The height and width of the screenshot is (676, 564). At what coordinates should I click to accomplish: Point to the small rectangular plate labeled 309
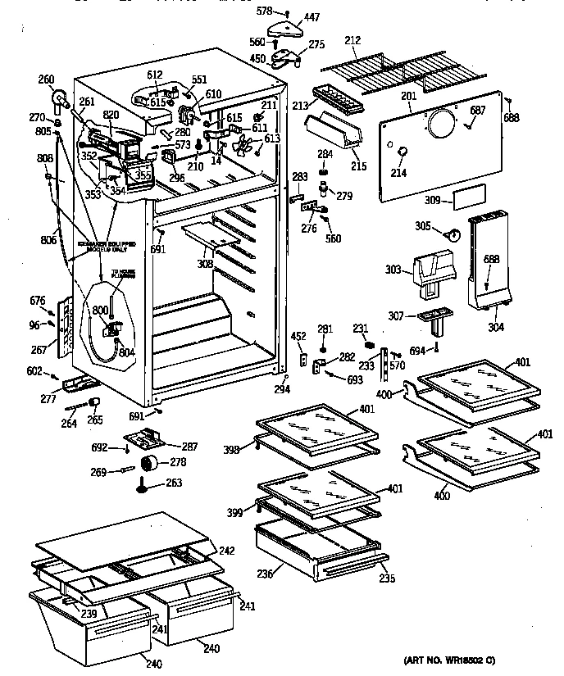pos(467,197)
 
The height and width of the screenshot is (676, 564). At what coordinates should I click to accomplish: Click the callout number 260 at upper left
pos(46,79)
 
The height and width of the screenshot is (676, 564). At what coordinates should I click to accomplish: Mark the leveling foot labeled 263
pos(145,488)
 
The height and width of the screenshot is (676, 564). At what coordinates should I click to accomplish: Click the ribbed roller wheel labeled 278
pos(150,465)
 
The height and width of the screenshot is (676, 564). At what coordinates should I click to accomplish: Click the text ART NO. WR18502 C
pos(450,660)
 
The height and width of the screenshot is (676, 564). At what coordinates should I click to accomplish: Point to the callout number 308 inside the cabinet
pos(205,264)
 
